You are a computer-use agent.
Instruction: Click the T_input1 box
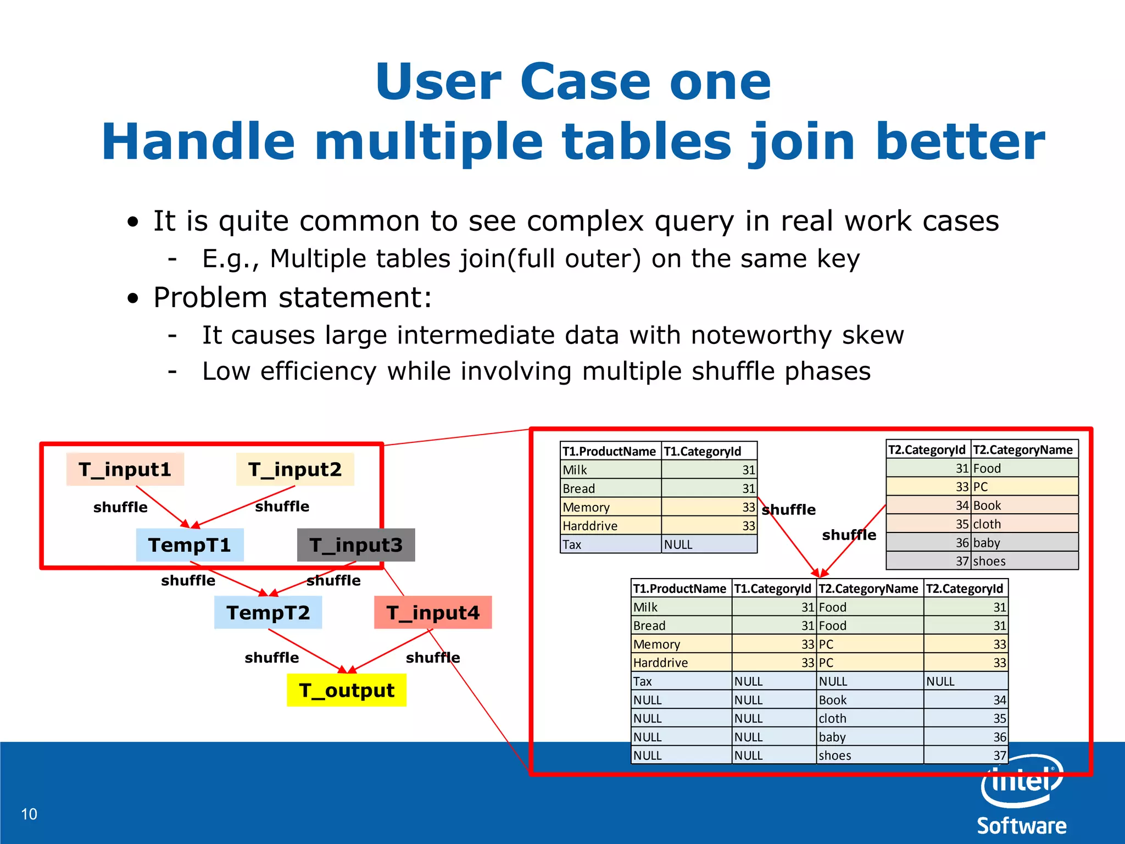tap(125, 469)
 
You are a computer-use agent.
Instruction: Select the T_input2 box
tap(295, 469)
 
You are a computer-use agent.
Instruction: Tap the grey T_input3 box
tap(356, 545)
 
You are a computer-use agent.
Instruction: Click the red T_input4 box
tap(433, 612)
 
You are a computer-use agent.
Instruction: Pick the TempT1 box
tap(190, 545)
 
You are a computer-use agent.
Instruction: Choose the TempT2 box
tap(268, 612)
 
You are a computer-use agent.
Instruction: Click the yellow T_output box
tap(347, 690)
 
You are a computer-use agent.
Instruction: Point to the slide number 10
tap(29, 814)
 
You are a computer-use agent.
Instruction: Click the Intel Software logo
tap(1022, 797)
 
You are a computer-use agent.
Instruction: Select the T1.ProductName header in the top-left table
tap(610, 451)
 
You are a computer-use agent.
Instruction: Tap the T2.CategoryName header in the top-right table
tap(1023, 449)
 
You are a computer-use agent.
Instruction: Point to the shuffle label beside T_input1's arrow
tap(120, 507)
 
